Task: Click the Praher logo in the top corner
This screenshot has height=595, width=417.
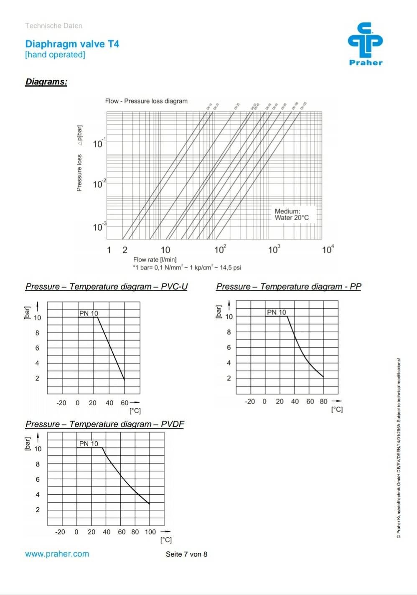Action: (365, 44)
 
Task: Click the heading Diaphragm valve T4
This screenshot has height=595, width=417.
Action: (72, 44)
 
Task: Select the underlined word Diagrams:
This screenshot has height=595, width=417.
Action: (46, 81)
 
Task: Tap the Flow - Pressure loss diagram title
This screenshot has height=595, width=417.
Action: (146, 101)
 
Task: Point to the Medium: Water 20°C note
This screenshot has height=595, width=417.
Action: (291, 214)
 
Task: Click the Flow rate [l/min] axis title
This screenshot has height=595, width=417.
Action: (155, 259)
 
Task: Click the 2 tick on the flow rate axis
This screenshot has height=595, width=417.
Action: (125, 250)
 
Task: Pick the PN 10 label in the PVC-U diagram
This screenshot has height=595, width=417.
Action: (89, 313)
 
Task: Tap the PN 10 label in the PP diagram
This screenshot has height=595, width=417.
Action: (277, 312)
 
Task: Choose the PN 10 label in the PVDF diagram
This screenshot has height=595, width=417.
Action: (89, 444)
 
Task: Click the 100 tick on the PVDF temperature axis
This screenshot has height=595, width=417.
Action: (150, 532)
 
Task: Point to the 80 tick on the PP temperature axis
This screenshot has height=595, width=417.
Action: (323, 402)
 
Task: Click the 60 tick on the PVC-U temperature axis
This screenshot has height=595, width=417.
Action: (125, 403)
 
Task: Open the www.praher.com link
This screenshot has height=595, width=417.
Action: (57, 554)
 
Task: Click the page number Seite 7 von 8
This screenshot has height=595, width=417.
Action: (186, 554)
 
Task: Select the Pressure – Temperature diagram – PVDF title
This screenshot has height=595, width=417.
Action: (104, 424)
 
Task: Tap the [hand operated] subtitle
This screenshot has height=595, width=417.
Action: (55, 55)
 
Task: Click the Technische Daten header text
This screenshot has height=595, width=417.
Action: (53, 25)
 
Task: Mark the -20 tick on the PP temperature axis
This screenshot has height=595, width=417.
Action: (250, 402)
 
